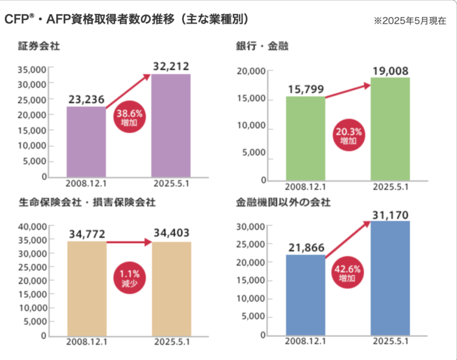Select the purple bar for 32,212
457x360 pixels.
click(171, 125)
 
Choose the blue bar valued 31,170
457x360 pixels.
click(390, 278)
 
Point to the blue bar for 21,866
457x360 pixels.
click(305, 295)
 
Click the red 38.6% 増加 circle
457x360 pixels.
click(129, 118)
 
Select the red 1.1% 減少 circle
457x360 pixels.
click(129, 278)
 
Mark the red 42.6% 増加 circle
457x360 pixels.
click(348, 273)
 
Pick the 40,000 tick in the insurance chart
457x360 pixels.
click(35, 226)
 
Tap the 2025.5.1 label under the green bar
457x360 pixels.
click(390, 186)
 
